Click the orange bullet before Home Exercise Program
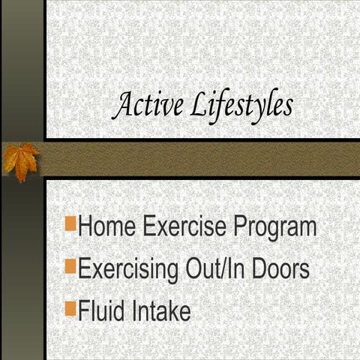70,223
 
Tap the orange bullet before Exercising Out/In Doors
70,265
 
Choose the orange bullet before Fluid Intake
70,307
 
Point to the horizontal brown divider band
202,158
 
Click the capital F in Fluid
84,310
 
